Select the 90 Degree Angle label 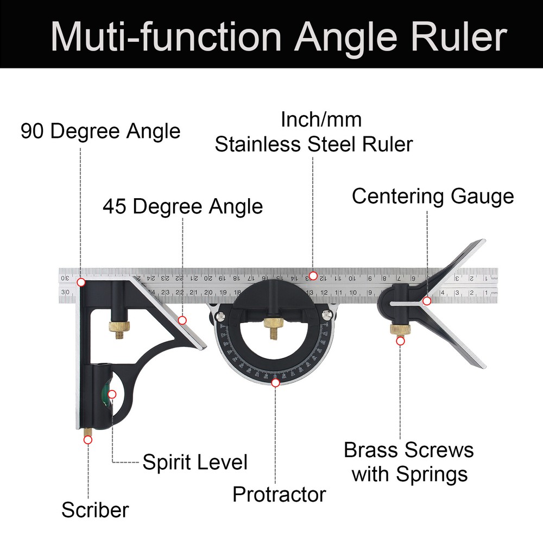(x=100, y=131)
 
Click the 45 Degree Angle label (x=182, y=207)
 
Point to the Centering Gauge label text (x=432, y=196)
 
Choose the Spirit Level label (x=194, y=463)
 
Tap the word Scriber (x=94, y=510)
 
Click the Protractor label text (x=279, y=495)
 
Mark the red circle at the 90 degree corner (x=81, y=282)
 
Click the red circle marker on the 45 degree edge (x=182, y=320)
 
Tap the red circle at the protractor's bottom (x=275, y=383)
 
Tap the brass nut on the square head (x=118, y=327)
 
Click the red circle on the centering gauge (x=427, y=300)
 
